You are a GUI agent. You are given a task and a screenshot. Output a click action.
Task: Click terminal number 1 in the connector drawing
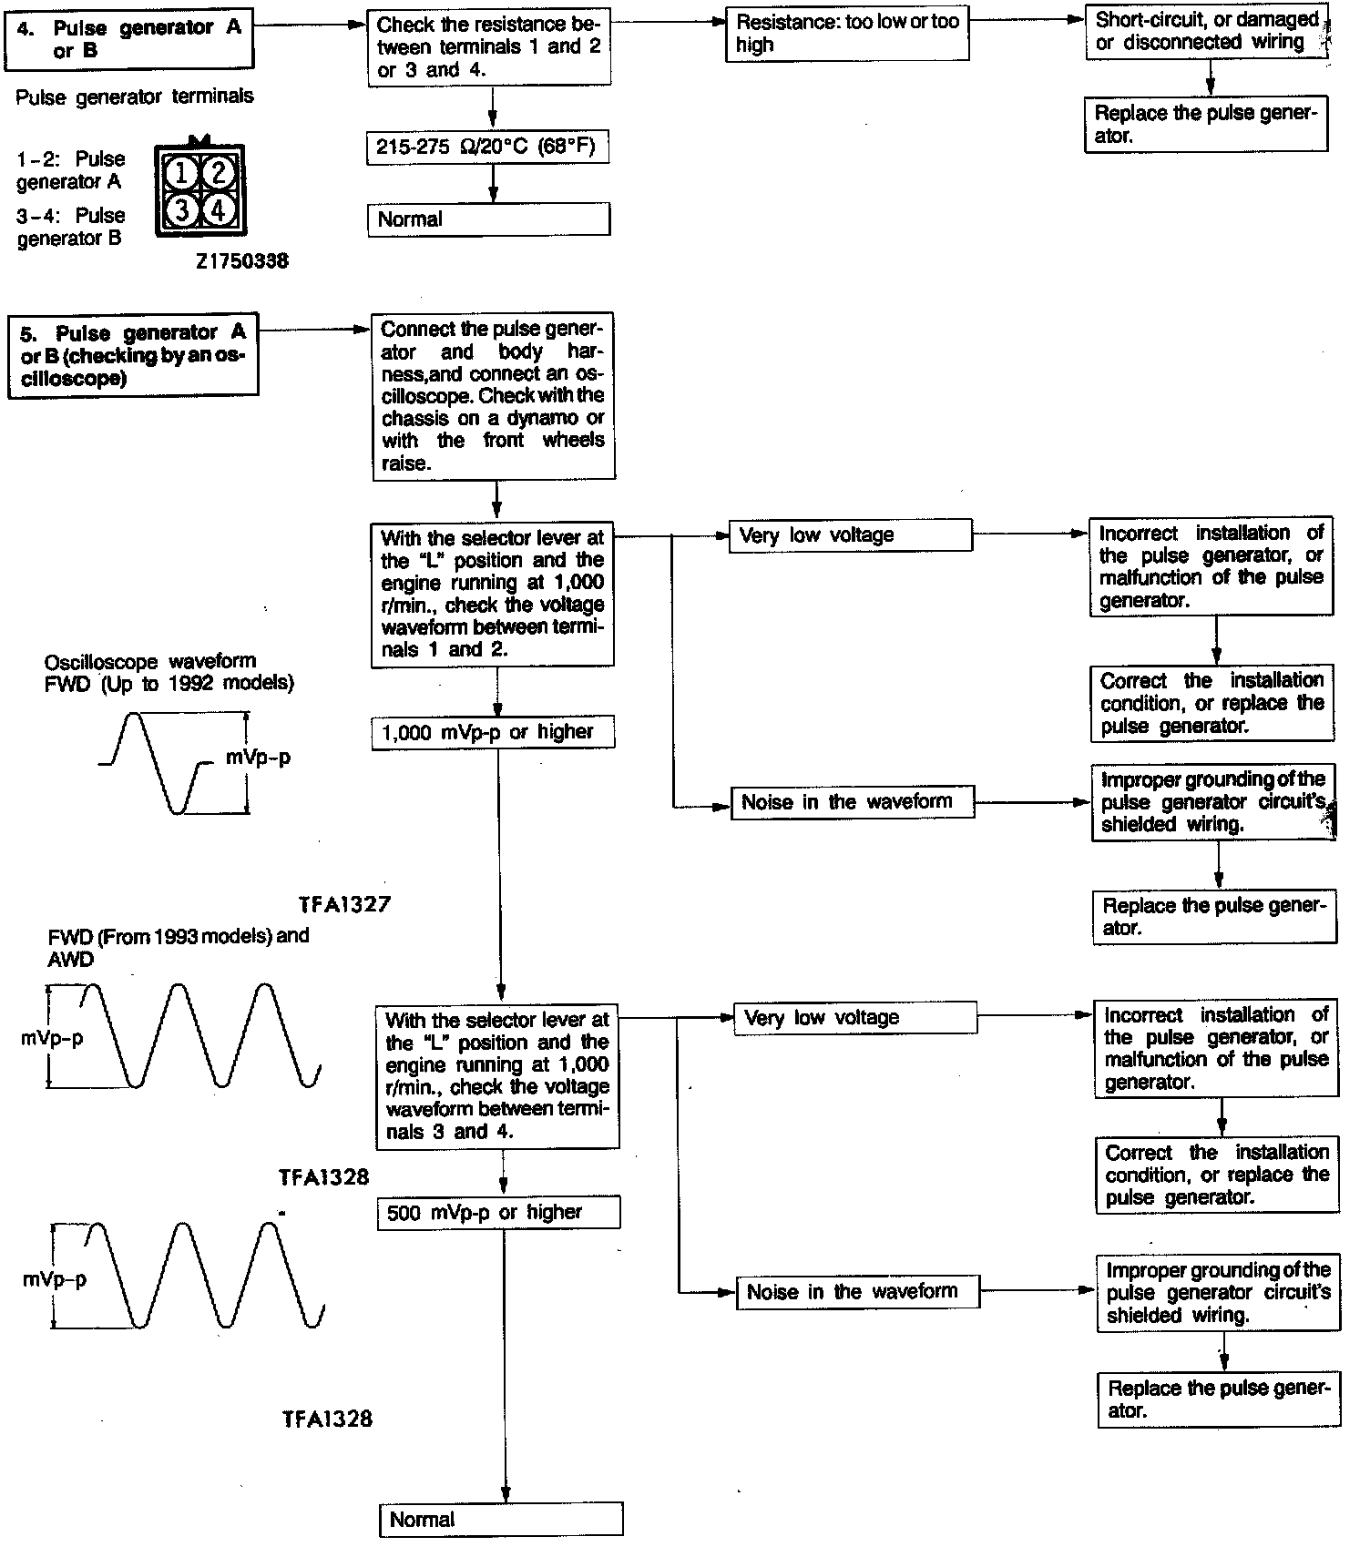click(x=182, y=172)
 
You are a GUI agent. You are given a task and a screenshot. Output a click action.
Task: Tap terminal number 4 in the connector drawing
click(x=219, y=210)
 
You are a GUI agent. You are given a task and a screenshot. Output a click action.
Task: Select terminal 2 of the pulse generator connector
click(x=219, y=172)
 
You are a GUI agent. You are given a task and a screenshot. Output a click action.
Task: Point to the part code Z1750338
click(x=241, y=261)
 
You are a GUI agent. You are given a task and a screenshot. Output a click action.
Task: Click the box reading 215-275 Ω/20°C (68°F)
click(x=487, y=148)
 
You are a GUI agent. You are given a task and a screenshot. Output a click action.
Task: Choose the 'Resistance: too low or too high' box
click(x=846, y=35)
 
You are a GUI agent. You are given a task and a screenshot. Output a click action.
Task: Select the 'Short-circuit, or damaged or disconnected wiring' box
click(x=1206, y=32)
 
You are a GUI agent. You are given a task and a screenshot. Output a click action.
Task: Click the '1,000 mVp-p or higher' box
click(x=493, y=732)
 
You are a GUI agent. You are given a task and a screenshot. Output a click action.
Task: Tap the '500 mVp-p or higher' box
click(x=498, y=1213)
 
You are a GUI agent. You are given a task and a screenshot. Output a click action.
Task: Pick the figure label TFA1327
click(x=345, y=904)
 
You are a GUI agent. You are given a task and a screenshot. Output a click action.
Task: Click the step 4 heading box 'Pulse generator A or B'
click(x=129, y=39)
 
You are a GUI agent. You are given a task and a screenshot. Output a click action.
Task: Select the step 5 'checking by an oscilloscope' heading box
click(x=133, y=355)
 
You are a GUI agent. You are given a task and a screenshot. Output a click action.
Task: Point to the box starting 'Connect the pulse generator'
click(x=493, y=396)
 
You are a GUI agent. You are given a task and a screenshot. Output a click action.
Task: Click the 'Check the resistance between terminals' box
click(x=488, y=47)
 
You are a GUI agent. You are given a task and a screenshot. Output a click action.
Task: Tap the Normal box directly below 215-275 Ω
click(x=488, y=219)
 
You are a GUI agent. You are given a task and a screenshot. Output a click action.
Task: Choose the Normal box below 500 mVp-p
click(x=501, y=1519)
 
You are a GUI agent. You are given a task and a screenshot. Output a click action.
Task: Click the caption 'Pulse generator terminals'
click(x=135, y=97)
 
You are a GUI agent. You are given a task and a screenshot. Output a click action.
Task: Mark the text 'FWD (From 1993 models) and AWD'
click(x=178, y=947)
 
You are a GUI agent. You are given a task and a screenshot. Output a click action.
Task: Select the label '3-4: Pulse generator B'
click(x=71, y=227)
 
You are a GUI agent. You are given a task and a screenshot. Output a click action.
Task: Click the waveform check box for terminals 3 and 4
click(x=497, y=1075)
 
